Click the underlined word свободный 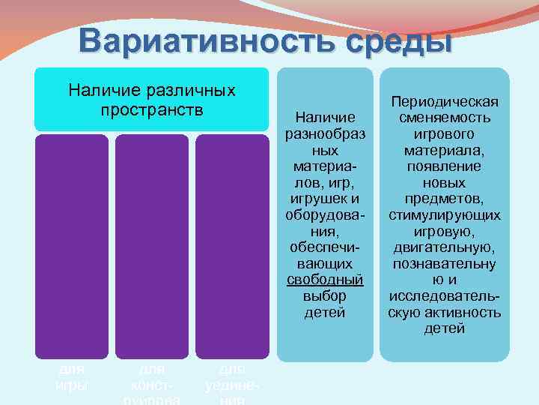coord(326,279)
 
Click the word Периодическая coord(444,102)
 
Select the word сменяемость coord(444,118)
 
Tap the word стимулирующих coord(444,215)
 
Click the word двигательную coord(444,247)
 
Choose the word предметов coord(444,199)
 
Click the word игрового coord(444,134)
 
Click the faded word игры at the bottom coord(73,385)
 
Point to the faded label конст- coord(152,385)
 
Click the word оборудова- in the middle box coord(326,214)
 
